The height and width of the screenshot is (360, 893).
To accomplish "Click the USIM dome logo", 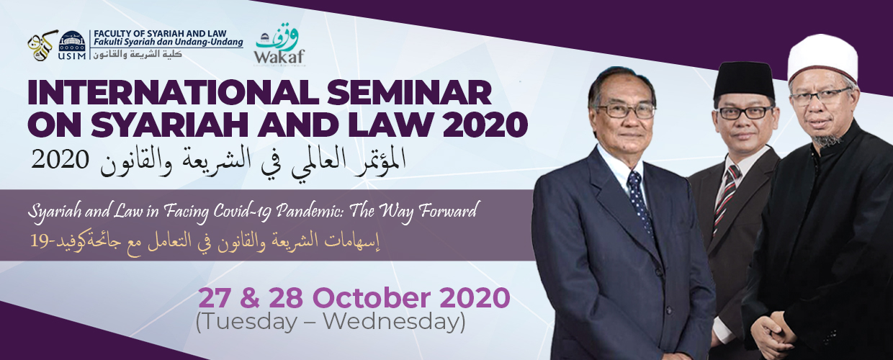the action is click(x=72, y=45).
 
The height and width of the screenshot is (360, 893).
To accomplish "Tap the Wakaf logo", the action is click(x=280, y=44).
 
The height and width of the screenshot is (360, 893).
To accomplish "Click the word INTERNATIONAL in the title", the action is click(x=173, y=92).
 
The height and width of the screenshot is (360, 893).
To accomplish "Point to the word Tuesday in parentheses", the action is click(x=247, y=321).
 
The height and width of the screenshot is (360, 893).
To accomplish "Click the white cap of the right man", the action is click(x=823, y=59).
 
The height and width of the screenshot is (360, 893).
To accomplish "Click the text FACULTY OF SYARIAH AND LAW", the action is click(x=160, y=34).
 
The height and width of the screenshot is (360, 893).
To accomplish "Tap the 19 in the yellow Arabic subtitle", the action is click(x=39, y=241).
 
